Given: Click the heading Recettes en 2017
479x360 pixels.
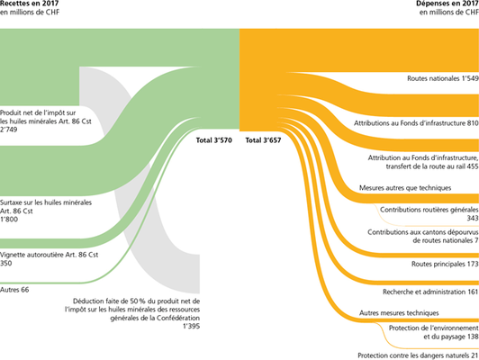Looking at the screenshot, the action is click(x=30, y=4).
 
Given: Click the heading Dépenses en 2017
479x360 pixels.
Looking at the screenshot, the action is click(x=447, y=4).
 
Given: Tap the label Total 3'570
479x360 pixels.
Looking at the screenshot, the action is click(x=214, y=140).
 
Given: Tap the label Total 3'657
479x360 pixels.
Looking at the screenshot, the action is click(x=263, y=140).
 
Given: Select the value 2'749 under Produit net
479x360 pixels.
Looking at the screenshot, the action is click(x=9, y=130).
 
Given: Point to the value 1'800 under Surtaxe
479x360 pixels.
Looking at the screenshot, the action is click(x=9, y=220).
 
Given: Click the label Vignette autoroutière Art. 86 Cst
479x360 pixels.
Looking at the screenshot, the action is click(x=50, y=255).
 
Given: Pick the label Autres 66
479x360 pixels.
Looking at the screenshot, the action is click(x=14, y=290).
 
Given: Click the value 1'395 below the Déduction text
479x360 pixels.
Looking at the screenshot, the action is click(x=191, y=326).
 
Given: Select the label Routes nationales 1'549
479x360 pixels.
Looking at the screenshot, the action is click(x=443, y=78).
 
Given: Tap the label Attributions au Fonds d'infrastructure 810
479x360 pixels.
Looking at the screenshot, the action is click(x=416, y=123).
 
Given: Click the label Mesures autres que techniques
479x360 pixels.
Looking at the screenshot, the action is click(x=405, y=188).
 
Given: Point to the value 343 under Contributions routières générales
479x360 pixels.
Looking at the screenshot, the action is click(x=473, y=218).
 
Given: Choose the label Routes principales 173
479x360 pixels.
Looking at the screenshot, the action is click(x=445, y=264).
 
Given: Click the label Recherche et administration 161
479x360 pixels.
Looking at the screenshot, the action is click(x=430, y=292).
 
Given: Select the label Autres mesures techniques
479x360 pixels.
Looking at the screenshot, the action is click(x=399, y=313).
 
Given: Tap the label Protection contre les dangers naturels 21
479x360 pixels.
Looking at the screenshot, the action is click(x=418, y=355).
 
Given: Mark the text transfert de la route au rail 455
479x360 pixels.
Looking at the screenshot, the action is click(x=432, y=166).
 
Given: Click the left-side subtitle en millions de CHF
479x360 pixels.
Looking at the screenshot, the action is click(x=30, y=13).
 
